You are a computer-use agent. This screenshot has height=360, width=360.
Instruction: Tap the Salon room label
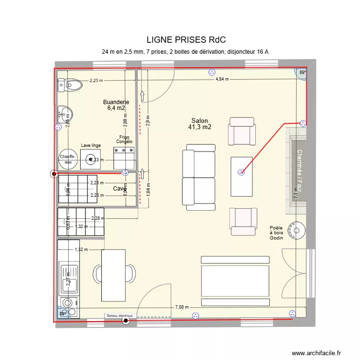tap(200, 124)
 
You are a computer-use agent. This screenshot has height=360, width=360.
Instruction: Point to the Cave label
tap(119, 189)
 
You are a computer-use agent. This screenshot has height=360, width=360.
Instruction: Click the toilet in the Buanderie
tap(70, 85)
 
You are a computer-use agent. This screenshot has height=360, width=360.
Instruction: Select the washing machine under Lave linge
tap(90, 159)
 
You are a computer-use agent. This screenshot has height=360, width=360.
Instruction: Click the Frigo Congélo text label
tap(124, 140)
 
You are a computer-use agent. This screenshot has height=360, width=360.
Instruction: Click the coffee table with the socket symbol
tap(241, 176)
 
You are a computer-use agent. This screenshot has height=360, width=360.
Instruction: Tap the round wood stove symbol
tap(297, 229)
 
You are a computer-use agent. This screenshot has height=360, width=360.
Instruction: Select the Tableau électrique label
tap(121, 316)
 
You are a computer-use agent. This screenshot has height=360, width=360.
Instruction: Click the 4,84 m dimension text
tap(222, 79)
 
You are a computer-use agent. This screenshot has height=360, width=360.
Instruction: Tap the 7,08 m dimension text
tap(182, 307)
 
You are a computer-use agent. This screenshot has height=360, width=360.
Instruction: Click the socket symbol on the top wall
tap(211, 72)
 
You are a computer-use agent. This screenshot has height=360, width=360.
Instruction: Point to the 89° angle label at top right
tap(302, 73)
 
